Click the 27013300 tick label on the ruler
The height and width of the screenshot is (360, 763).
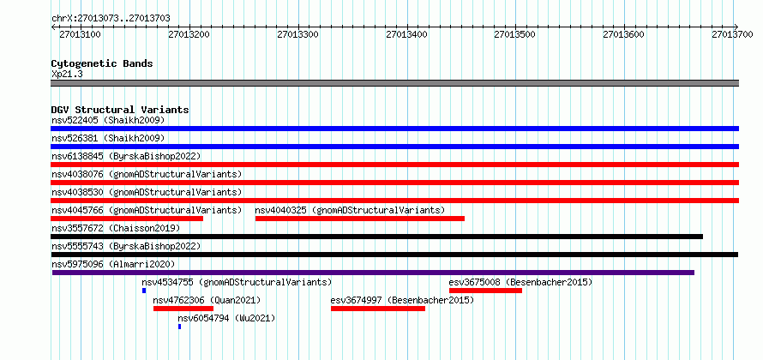click(x=297, y=34)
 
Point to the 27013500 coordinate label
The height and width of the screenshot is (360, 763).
click(x=515, y=34)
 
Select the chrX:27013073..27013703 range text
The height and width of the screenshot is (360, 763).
click(x=111, y=19)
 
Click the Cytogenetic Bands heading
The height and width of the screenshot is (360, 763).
click(x=102, y=63)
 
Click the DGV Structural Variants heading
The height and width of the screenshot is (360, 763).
click(x=120, y=110)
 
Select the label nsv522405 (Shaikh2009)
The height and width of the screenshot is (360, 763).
click(x=108, y=120)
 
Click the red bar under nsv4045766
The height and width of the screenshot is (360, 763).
click(x=127, y=219)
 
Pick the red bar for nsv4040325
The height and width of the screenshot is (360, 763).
click(x=360, y=219)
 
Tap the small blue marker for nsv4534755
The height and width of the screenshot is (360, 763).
click(x=144, y=291)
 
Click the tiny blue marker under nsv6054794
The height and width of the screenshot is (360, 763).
click(x=179, y=327)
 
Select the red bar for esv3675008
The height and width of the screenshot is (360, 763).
click(x=485, y=291)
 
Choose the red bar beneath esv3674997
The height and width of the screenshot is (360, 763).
click(x=378, y=309)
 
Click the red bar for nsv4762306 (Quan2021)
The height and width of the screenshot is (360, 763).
click(x=183, y=309)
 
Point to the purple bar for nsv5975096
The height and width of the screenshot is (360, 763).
click(x=373, y=273)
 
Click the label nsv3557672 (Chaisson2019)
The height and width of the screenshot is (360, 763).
click(x=116, y=228)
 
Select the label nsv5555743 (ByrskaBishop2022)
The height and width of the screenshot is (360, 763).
click(x=126, y=246)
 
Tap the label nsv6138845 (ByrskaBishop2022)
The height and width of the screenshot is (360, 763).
click(x=126, y=156)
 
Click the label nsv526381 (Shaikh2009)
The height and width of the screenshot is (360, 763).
click(x=108, y=138)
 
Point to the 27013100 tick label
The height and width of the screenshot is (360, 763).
click(x=80, y=34)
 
